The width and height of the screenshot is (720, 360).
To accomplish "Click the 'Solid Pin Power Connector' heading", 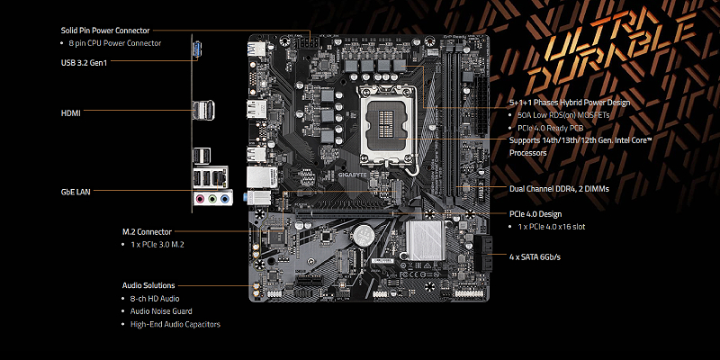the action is pyautogui.click(x=105, y=31).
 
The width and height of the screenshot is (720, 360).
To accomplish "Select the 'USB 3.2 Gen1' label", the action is pyautogui.click(x=84, y=63).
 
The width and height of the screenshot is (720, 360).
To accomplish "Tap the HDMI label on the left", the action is pyautogui.click(x=71, y=113).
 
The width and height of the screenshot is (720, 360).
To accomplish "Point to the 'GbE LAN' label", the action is pyautogui.click(x=76, y=192).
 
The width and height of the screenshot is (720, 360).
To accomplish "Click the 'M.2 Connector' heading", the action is pyautogui.click(x=147, y=232).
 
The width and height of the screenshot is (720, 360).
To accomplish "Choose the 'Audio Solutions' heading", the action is pyautogui.click(x=148, y=285).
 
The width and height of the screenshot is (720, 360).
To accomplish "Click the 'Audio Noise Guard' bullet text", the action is pyautogui.click(x=161, y=311).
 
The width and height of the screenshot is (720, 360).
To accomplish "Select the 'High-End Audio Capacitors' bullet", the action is pyautogui.click(x=175, y=324).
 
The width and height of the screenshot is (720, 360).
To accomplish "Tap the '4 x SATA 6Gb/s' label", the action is pyautogui.click(x=535, y=257).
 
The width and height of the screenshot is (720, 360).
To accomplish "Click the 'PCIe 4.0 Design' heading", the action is pyautogui.click(x=535, y=214).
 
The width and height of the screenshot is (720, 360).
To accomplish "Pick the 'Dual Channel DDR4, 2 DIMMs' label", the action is pyautogui.click(x=559, y=189).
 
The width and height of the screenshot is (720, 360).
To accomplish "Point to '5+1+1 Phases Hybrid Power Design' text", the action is pyautogui.click(x=570, y=103).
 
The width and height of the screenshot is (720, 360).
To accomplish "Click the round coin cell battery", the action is pyautogui.click(x=364, y=234).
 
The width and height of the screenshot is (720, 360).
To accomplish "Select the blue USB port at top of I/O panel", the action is pyautogui.click(x=198, y=50).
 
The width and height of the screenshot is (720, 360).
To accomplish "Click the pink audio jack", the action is pyautogui.click(x=200, y=199).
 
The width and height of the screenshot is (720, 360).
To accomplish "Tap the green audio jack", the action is pyautogui.click(x=212, y=199).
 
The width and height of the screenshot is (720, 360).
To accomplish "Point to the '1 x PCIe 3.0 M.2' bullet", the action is pyautogui.click(x=157, y=245).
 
